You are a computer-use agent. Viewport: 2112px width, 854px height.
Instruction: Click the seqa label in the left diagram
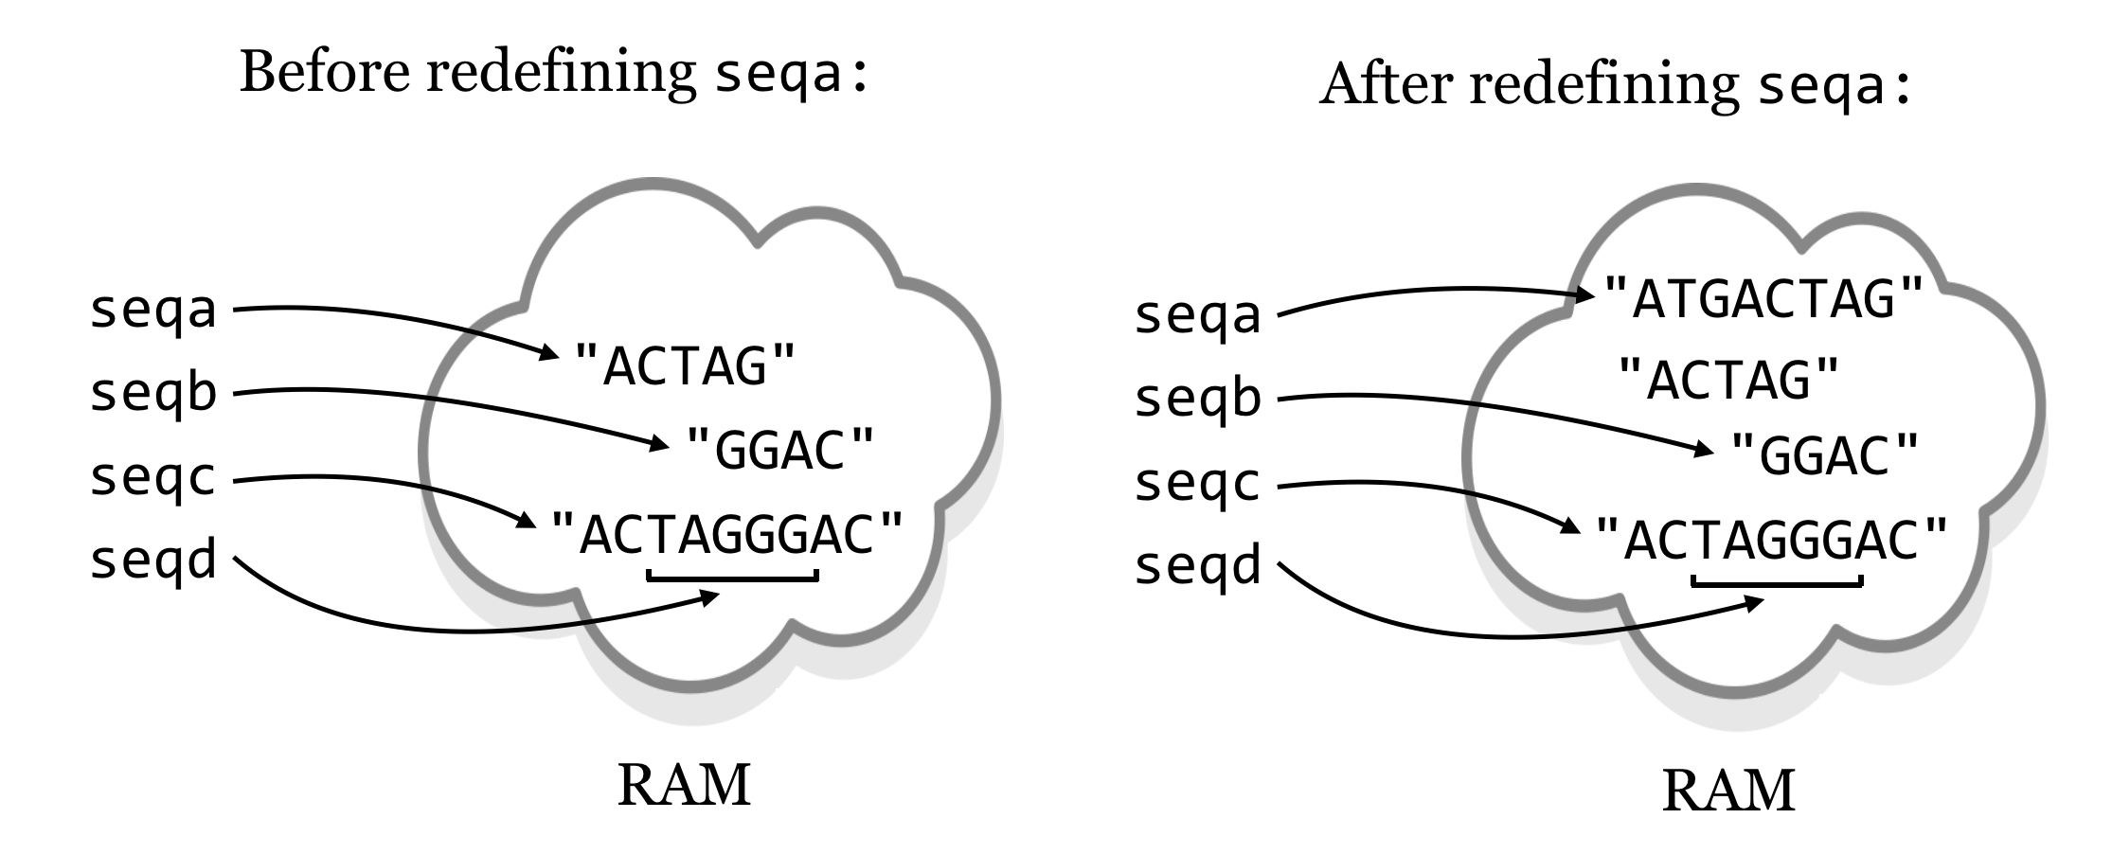[x=153, y=311]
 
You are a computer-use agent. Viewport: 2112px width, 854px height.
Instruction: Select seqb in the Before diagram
[x=153, y=392]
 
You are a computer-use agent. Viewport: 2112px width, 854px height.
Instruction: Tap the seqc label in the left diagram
[x=153, y=477]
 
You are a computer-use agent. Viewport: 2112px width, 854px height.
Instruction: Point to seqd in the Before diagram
[x=153, y=559]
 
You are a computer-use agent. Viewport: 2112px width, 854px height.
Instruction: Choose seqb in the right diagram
[x=1198, y=398]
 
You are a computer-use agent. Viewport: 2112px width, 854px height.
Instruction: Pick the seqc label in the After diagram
[x=1198, y=483]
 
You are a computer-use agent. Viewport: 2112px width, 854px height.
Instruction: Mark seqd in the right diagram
[x=1198, y=565]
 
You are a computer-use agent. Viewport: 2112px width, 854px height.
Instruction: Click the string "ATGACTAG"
[x=1763, y=299]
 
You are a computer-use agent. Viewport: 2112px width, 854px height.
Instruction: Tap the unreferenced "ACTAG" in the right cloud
[x=1729, y=380]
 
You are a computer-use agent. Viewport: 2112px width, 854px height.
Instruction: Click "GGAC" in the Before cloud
[x=779, y=450]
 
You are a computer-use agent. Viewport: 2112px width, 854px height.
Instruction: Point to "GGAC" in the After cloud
[x=1824, y=456]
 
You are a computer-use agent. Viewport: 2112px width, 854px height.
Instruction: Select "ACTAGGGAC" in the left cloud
[x=727, y=535]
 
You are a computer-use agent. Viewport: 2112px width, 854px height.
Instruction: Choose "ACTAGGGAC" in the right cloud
[x=1771, y=541]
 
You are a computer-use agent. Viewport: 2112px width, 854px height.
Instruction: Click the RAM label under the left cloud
[x=684, y=785]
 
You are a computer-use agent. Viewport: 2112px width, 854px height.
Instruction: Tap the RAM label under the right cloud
[x=1728, y=792]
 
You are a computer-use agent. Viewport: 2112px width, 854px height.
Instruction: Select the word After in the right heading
[x=1385, y=84]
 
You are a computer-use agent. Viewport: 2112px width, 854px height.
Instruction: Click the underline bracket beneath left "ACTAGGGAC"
[x=732, y=575]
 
